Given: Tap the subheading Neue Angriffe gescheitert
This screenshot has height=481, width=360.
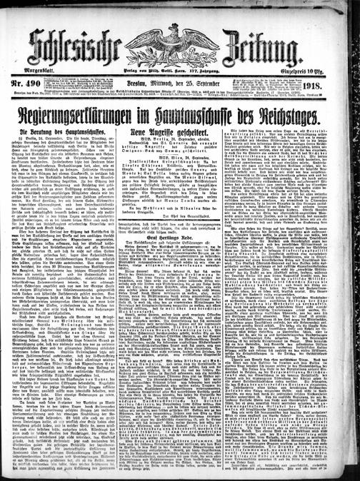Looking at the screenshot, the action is tap(180, 133).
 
